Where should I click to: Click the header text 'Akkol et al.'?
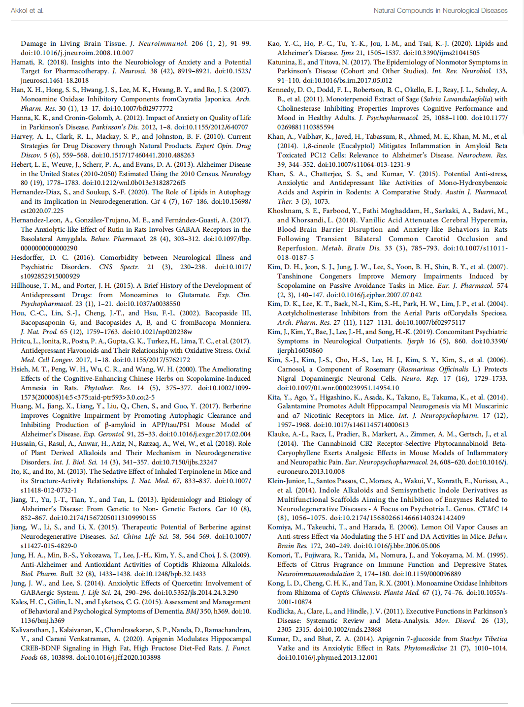pos(27,10)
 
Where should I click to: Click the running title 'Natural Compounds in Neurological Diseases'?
pos(440,10)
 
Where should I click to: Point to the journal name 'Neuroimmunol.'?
pos(163,43)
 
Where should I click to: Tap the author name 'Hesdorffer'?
pos(28,257)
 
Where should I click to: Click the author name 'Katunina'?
pos(284,62)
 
